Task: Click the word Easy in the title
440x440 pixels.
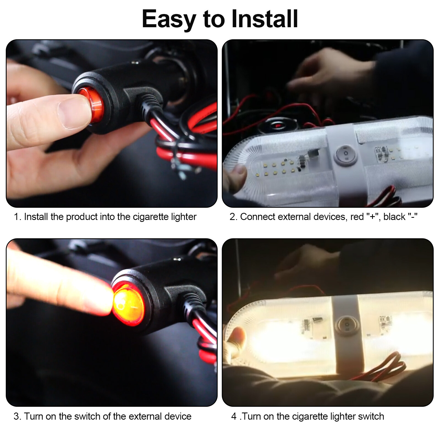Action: point(168,19)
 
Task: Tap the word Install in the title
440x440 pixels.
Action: point(265,19)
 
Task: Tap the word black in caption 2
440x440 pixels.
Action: point(394,217)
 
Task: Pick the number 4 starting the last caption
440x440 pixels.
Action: point(234,416)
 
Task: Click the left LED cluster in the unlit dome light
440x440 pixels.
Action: point(278,168)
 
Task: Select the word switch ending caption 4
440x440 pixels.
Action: point(371,416)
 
